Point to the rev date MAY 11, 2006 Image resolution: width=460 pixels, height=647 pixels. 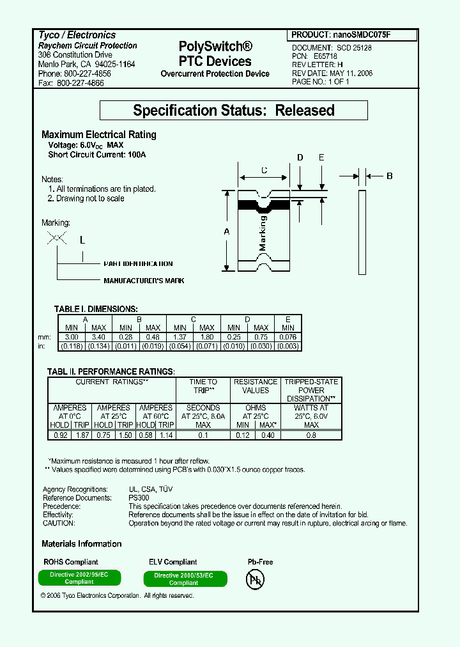click(x=351, y=74)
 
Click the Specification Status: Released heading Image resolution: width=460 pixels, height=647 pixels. click(x=234, y=111)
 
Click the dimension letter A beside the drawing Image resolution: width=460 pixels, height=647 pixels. click(x=226, y=232)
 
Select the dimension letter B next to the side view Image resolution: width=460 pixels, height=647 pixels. click(x=390, y=176)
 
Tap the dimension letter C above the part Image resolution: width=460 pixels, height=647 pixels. click(x=264, y=170)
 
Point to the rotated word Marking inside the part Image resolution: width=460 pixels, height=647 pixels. click(x=263, y=234)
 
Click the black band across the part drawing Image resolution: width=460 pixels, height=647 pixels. click(x=263, y=205)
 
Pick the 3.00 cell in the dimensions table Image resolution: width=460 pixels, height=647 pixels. click(x=72, y=337)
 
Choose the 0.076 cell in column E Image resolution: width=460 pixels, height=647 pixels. click(x=287, y=337)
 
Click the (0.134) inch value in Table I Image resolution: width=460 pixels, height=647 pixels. click(x=98, y=346)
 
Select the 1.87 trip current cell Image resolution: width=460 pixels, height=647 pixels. click(x=81, y=435)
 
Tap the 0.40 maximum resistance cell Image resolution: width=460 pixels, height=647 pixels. click(x=268, y=435)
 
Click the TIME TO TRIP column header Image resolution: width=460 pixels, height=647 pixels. click(x=203, y=386)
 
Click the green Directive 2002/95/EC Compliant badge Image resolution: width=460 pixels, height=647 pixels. click(x=79, y=578)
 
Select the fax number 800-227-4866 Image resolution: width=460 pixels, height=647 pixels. click(x=80, y=83)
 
